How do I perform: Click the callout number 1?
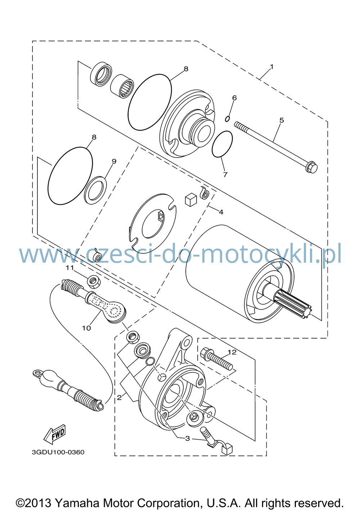271,67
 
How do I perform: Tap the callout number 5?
282,120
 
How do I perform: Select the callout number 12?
232,352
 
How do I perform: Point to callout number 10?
87,328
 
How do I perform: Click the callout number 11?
70,268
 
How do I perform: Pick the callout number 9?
114,161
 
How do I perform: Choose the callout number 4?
221,212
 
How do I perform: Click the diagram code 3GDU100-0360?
58,452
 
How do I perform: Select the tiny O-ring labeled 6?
227,119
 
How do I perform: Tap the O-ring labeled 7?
222,144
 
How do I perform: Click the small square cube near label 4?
190,199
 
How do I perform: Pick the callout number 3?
188,438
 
